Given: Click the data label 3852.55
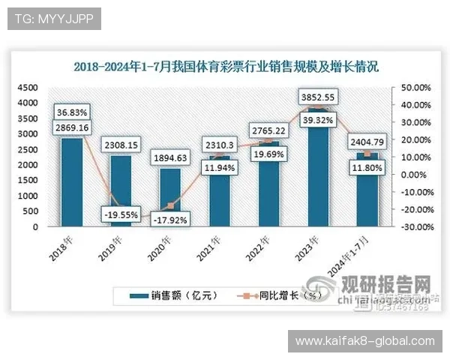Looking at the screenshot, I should pos(317,97).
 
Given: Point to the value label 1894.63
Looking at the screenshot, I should pos(170,157).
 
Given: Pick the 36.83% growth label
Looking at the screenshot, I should pos(72,112).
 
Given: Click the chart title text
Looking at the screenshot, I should pos(226,66).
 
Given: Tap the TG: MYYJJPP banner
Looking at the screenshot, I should pos(53,19).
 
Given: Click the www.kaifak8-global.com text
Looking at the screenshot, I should pos(365,341).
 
